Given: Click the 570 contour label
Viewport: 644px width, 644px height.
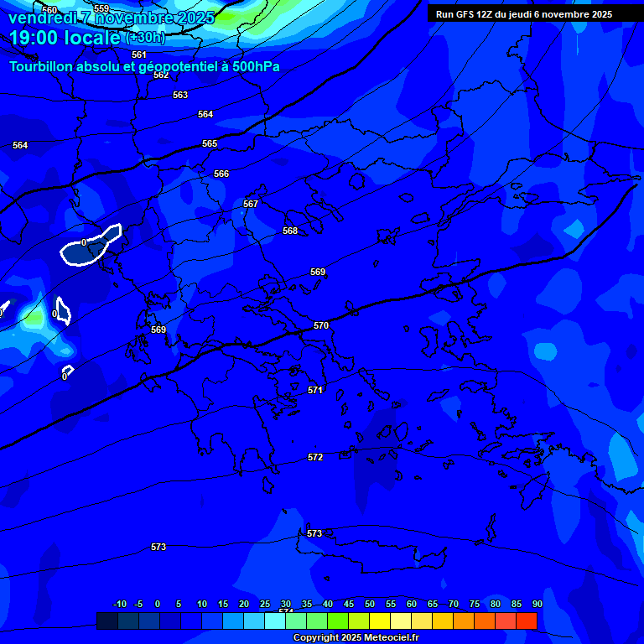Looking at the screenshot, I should click(321, 325).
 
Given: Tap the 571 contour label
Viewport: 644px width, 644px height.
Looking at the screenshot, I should click(315, 390).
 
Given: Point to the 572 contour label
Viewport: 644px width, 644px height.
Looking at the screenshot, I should click(315, 457).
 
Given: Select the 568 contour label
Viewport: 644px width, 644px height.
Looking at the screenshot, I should click(290, 231).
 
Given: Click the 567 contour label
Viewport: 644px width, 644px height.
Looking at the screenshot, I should click(251, 204).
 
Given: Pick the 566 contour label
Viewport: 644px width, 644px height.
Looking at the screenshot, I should click(221, 174).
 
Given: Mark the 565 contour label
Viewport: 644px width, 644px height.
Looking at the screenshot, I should click(210, 143).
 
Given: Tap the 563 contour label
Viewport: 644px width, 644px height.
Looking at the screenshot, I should click(180, 95).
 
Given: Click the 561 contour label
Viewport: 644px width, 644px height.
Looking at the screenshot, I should click(139, 55).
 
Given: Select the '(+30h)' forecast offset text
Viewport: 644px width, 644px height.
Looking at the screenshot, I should click(145, 38).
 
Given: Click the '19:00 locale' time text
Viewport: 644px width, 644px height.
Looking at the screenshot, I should click(65, 38).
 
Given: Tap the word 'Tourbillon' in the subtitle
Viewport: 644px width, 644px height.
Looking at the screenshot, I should click(41, 66).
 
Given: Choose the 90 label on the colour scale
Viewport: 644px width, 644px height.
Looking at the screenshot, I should click(537, 604).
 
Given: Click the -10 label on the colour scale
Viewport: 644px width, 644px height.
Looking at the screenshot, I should click(119, 604).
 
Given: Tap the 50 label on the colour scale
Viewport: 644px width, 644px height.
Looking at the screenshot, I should click(370, 604).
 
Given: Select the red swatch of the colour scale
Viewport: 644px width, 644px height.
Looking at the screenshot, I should click(527, 621).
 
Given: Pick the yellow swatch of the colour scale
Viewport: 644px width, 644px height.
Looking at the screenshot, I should click(380, 621).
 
